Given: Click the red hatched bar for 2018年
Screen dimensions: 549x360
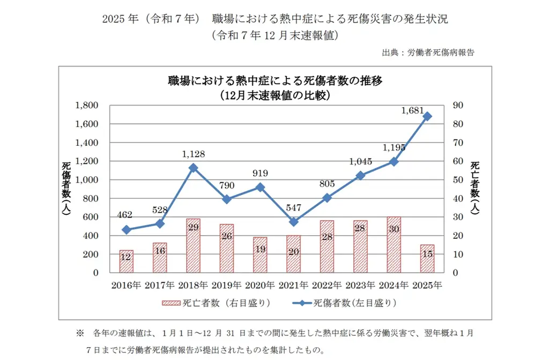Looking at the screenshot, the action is (x=193, y=245).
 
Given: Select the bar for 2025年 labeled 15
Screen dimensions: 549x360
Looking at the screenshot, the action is (x=427, y=259).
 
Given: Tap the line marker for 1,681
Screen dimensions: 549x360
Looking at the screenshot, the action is (x=427, y=116).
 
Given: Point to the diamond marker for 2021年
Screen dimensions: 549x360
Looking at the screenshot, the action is (x=294, y=222).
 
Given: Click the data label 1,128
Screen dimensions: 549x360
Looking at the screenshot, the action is (x=193, y=154).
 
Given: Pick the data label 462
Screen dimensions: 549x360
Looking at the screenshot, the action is (x=124, y=214).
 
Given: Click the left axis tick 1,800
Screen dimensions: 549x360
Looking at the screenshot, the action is (x=86, y=106).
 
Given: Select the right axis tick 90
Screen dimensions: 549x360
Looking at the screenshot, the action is (x=458, y=106).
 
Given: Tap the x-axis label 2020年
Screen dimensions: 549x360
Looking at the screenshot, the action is (x=260, y=285).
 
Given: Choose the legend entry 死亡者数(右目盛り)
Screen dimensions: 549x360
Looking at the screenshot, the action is (x=216, y=303).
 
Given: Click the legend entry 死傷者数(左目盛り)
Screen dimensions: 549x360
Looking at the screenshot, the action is (x=345, y=303).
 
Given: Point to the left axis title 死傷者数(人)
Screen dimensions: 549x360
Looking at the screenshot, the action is (x=66, y=188).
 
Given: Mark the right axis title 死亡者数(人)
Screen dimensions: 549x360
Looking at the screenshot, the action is (x=475, y=188).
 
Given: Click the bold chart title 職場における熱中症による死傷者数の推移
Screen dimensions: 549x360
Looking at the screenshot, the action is (x=275, y=81).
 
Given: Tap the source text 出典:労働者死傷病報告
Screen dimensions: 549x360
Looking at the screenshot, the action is (x=428, y=53).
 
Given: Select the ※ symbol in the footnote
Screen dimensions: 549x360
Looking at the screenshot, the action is (x=80, y=333).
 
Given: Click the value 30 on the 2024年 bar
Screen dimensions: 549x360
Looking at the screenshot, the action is (x=394, y=229).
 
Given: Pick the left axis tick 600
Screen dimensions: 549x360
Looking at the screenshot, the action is (x=90, y=217).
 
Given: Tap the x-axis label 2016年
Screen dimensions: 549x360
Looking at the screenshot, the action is (x=126, y=285).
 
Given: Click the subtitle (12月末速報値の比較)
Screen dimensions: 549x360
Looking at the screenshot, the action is (x=275, y=95).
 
